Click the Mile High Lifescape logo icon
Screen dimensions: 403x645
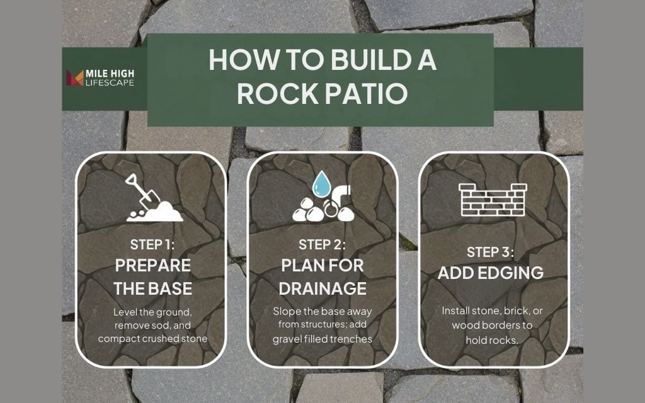[x=75, y=78]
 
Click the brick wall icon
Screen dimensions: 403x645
[x=493, y=200]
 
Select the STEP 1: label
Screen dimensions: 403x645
[x=152, y=244]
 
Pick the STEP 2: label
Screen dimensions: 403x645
[x=322, y=244]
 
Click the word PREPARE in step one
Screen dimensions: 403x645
[x=152, y=266]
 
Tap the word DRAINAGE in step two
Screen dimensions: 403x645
[x=323, y=288]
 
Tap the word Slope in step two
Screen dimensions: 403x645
[x=285, y=312]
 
